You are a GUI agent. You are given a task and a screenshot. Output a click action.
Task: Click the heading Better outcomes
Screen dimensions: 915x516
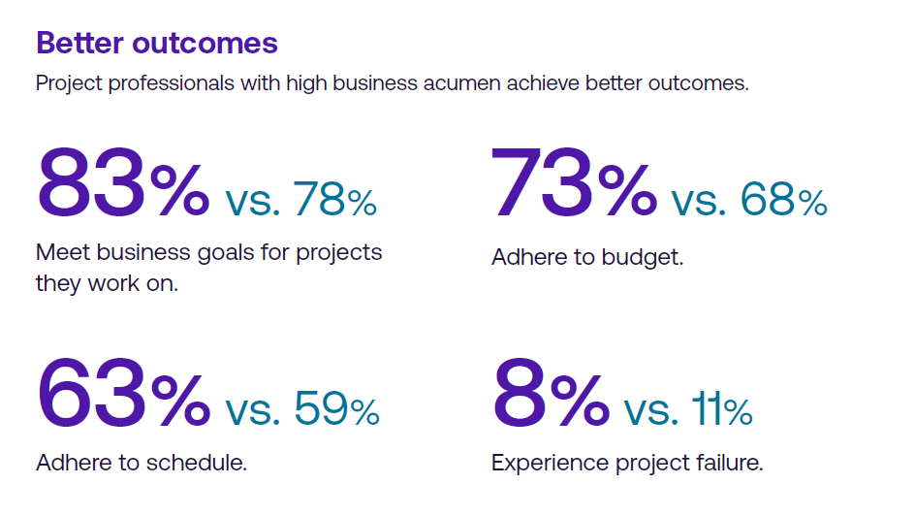tap(157, 44)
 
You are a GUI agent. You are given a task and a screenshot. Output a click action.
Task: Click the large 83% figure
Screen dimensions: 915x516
tap(124, 182)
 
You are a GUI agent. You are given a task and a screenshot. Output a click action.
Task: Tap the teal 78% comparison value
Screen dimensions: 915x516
tap(335, 199)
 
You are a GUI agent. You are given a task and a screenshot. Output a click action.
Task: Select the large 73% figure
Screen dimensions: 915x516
tap(574, 182)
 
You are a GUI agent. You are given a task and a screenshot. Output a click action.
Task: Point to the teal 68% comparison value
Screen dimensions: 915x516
tap(784, 199)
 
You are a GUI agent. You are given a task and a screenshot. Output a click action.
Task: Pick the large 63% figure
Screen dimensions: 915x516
tap(124, 393)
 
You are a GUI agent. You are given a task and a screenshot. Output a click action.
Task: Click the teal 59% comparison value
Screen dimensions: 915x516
tap(336, 408)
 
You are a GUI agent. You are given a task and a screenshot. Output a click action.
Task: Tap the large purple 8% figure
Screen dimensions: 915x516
tap(552, 393)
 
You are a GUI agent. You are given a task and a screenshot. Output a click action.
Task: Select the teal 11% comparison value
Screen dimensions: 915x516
tap(722, 408)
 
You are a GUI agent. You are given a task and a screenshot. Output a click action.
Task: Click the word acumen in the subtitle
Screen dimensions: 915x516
tap(461, 83)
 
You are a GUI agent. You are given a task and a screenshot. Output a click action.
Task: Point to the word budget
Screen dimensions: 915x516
tap(642, 257)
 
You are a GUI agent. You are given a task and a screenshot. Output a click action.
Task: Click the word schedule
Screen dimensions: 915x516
tap(197, 463)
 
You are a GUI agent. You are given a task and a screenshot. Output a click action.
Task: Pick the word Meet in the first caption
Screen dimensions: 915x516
tap(63, 252)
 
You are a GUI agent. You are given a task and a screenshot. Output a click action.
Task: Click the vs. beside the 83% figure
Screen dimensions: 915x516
tap(253, 202)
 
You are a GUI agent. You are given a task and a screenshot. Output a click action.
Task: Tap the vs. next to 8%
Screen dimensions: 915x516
tap(651, 411)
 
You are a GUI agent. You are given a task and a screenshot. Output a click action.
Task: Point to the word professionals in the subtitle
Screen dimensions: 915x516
tap(172, 83)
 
